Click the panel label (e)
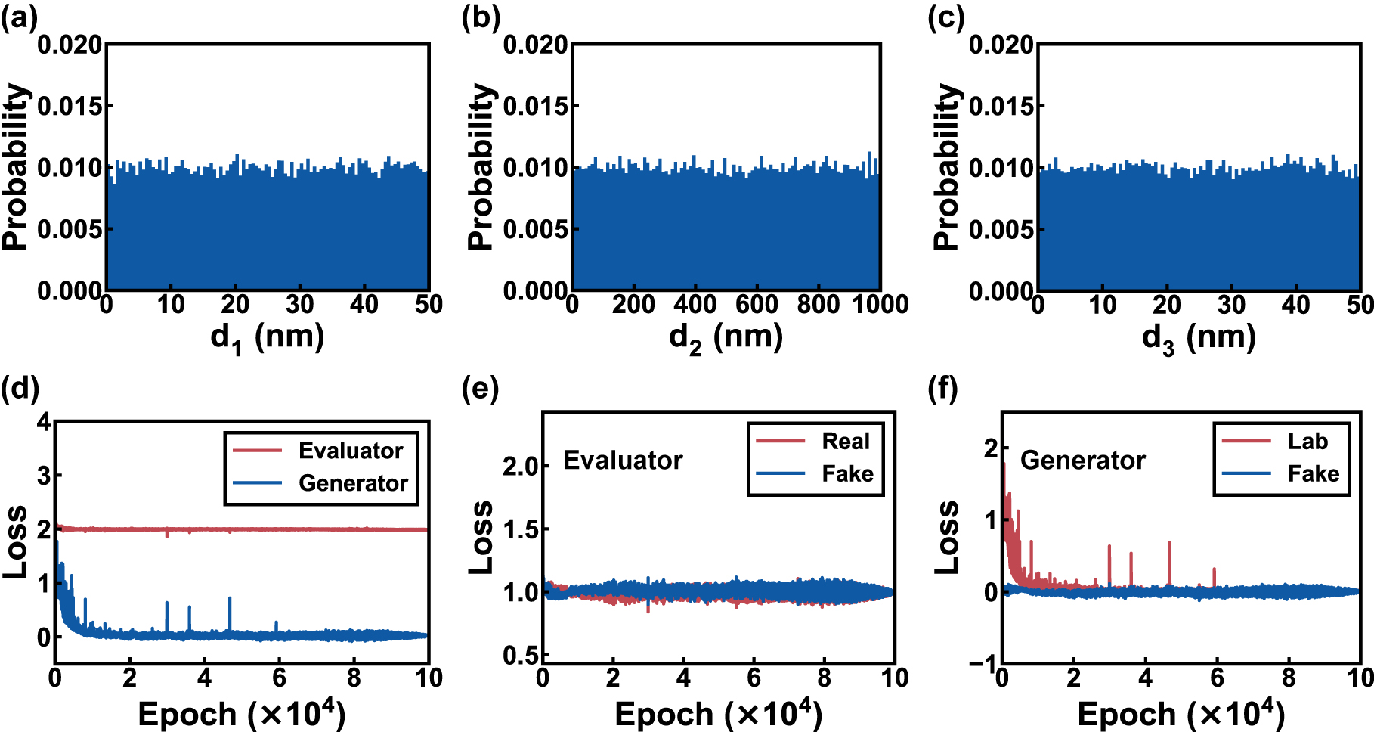tap(480, 389)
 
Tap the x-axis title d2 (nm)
tap(726, 337)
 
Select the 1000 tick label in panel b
tap(880, 305)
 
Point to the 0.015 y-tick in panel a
tap(70, 106)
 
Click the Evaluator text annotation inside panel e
tap(623, 461)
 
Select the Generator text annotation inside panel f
tap(1082, 461)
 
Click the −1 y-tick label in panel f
tap(983, 664)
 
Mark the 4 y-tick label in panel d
tap(44, 422)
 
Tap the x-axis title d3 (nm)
tap(1199, 337)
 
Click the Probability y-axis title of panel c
tap(945, 166)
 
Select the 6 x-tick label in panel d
tap(279, 678)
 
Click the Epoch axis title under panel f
tap(1180, 714)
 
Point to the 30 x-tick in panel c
tap(1231, 305)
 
